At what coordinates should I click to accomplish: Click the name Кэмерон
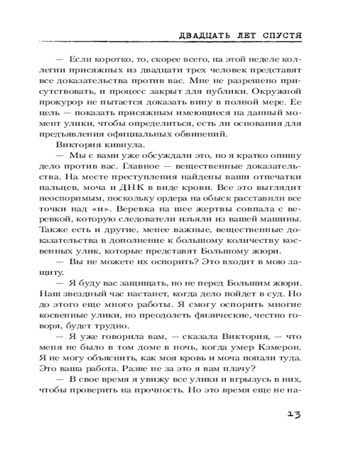click(x=277, y=347)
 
